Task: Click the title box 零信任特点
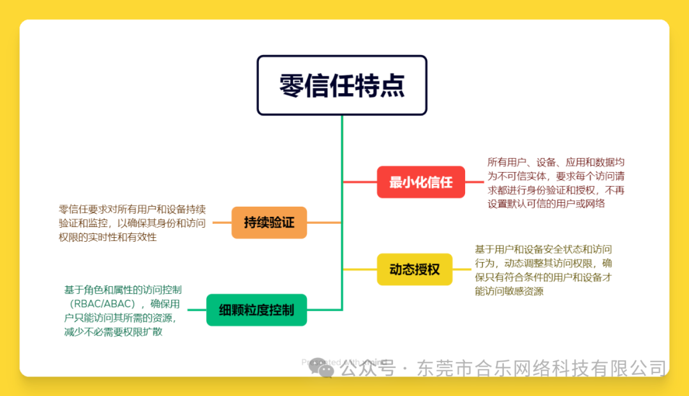(x=341, y=85)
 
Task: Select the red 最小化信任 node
(x=420, y=182)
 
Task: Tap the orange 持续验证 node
(x=269, y=223)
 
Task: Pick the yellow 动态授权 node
(x=414, y=269)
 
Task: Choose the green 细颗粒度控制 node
(x=256, y=310)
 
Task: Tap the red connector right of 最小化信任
(x=474, y=182)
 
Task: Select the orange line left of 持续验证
(x=221, y=223)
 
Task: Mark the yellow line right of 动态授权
(x=461, y=269)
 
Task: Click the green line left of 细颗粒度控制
(x=196, y=310)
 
